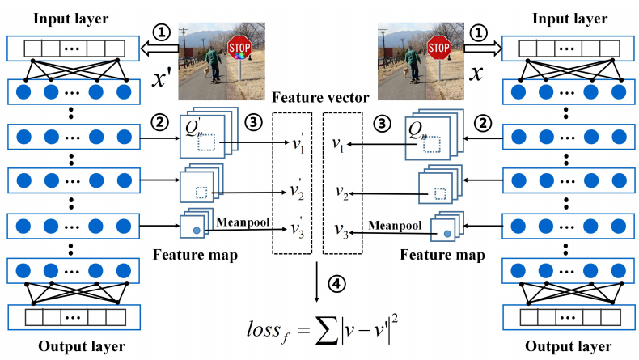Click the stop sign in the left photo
pyautogui.click(x=239, y=49)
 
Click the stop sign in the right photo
pyautogui.click(x=438, y=49)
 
